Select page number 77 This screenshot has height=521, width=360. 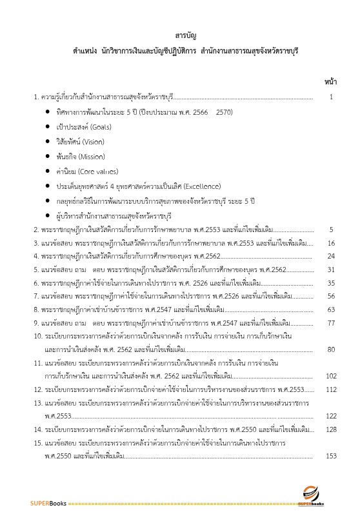pos(331,322)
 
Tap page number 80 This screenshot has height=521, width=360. pos(331,349)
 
